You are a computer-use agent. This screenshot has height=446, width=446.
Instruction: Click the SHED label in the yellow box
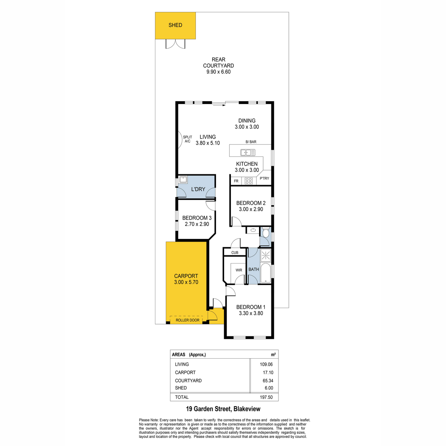[x=175, y=25]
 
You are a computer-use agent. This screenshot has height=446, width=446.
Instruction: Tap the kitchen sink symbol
[x=248, y=152]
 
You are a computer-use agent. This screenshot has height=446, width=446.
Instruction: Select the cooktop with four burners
[x=249, y=181]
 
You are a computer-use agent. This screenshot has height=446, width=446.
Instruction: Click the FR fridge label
[x=236, y=181]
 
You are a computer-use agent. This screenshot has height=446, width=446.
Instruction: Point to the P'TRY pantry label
[x=264, y=178]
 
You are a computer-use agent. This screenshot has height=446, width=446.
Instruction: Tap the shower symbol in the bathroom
[x=265, y=255]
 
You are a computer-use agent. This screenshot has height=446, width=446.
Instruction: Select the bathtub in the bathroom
[x=265, y=273]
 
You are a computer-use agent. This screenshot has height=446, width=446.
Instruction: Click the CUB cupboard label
[x=235, y=252]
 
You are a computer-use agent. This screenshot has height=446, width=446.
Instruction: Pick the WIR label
[x=239, y=270]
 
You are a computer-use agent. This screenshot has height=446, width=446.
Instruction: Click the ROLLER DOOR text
[x=187, y=320]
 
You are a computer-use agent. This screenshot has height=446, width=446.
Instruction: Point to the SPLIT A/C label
[x=187, y=139]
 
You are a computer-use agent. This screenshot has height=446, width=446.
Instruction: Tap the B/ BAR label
[x=251, y=142]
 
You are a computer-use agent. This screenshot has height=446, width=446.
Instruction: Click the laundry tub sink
[x=183, y=180]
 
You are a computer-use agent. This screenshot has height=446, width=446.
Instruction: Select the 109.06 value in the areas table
[x=266, y=364]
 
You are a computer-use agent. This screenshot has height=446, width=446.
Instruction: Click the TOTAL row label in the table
[x=182, y=397]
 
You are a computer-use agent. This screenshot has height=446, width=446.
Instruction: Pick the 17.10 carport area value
[x=268, y=372]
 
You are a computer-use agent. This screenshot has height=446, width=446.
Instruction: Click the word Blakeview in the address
[x=247, y=409]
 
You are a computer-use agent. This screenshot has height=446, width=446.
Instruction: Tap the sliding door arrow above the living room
[x=219, y=105]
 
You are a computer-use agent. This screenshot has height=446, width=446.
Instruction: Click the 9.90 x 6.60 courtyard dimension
[x=219, y=72]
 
